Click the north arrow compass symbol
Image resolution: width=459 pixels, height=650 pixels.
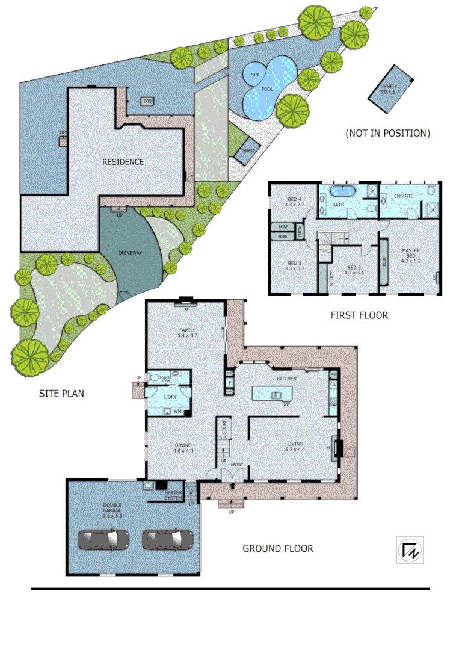tap(409, 550)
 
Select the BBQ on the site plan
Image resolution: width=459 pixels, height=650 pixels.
tap(147, 101)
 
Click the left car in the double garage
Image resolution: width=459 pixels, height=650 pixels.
tap(105, 539)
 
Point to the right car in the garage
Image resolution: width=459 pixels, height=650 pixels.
tap(167, 539)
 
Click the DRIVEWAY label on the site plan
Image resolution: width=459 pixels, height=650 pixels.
tap(131, 253)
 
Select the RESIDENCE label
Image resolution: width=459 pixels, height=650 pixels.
tap(123, 162)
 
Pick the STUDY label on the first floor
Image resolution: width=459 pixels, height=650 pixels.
tap(331, 279)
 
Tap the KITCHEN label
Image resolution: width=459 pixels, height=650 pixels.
tap(287, 379)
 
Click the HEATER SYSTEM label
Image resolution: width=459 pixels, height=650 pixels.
tap(173, 495)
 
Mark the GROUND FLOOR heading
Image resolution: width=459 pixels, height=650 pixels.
tap(277, 548)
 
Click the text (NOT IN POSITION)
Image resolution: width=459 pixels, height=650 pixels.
tap(387, 133)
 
